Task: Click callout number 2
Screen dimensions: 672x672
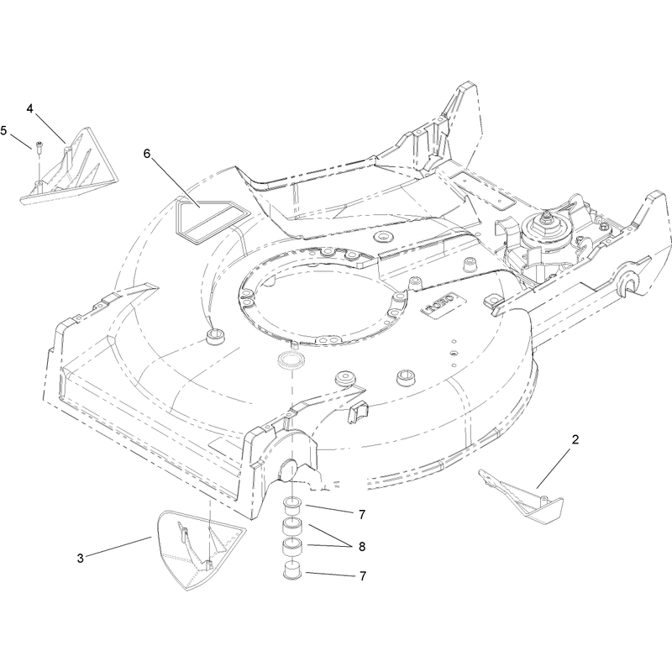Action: pos(575,439)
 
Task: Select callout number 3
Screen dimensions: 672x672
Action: pos(80,559)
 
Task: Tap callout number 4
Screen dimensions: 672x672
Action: pos(29,109)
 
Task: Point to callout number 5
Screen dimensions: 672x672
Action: pos(4,130)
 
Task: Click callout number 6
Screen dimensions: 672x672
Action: pos(147,154)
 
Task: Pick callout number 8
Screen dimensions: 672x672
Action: pos(362,547)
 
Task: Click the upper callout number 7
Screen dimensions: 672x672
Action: pos(362,514)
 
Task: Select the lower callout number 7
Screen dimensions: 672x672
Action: pos(363,576)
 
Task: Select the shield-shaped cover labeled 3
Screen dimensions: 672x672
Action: pos(197,549)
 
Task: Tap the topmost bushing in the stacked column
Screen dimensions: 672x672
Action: pos(292,505)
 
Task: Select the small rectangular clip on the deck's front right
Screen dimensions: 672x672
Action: pos(358,412)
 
